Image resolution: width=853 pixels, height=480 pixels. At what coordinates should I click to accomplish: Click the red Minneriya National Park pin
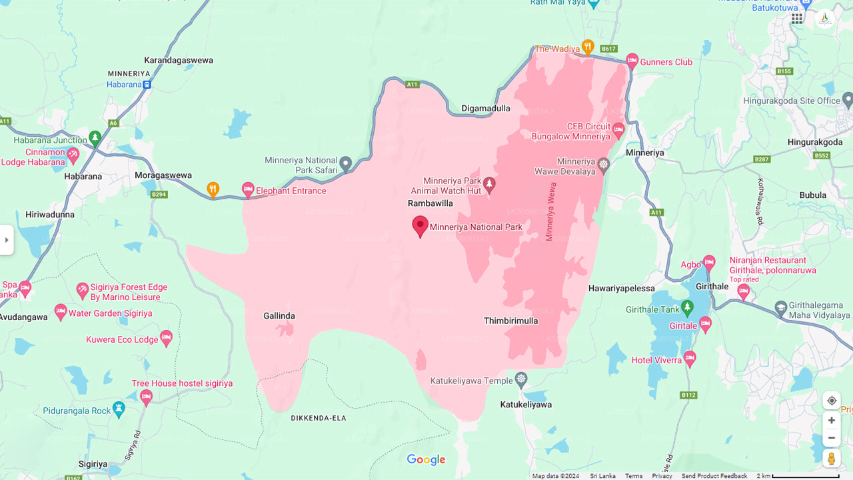click(x=420, y=226)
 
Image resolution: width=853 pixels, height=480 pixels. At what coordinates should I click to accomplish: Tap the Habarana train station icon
click(x=147, y=85)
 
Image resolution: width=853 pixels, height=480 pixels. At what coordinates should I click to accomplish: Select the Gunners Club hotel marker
click(x=632, y=61)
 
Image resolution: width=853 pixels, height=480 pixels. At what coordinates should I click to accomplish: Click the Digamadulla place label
click(x=486, y=108)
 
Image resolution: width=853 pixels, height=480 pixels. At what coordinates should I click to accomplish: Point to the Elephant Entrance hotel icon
click(x=248, y=190)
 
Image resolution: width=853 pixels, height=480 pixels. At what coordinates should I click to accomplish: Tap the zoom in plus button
click(x=831, y=421)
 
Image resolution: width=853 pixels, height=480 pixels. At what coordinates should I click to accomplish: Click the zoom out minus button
click(x=831, y=438)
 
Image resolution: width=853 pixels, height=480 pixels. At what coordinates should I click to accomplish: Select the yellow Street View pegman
click(x=831, y=459)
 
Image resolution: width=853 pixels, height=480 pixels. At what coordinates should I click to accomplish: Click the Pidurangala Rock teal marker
click(x=119, y=409)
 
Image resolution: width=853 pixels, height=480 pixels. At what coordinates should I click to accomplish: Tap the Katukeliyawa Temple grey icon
click(x=521, y=380)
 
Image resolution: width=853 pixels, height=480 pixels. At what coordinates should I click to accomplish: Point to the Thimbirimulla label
click(x=510, y=321)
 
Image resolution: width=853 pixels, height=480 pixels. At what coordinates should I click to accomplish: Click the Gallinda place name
click(x=279, y=316)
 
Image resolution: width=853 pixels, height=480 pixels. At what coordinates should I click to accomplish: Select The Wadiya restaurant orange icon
click(x=587, y=47)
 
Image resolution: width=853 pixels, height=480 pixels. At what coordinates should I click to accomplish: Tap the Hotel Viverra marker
click(x=690, y=359)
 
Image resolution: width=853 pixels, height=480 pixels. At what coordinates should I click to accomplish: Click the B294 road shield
click(x=159, y=195)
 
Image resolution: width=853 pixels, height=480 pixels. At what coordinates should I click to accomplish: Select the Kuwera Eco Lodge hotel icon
click(x=167, y=339)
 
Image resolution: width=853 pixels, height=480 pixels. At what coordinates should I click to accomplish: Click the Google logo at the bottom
click(x=426, y=460)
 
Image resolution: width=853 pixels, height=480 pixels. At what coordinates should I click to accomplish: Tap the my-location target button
click(x=831, y=401)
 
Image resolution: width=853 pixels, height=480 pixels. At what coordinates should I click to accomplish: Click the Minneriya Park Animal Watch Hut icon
click(x=490, y=185)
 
